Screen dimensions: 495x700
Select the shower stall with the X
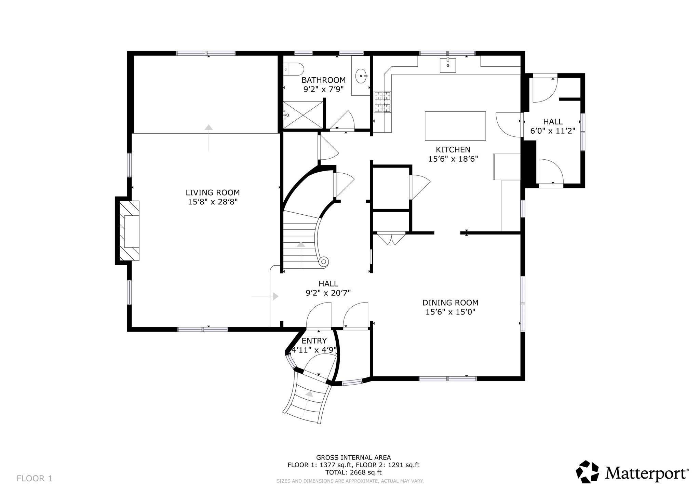tap(303, 114)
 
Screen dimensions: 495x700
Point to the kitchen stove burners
tap(382, 102)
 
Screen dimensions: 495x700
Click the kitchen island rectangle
tap(455, 126)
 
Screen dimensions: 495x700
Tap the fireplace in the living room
tap(129, 231)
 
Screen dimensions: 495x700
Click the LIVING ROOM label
tap(213, 192)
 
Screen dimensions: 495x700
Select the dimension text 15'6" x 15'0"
tap(450, 312)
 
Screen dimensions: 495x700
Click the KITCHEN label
tap(453, 149)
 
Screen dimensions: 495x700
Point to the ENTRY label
tap(314, 340)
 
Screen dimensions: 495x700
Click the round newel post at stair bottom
tap(323, 262)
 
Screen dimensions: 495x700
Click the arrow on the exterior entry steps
tap(309, 394)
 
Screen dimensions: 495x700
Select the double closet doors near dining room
tap(391, 238)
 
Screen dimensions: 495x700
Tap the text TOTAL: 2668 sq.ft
tap(353, 472)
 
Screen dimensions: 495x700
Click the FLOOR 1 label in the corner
tap(35, 478)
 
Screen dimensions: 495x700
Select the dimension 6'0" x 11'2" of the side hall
tap(553, 131)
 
